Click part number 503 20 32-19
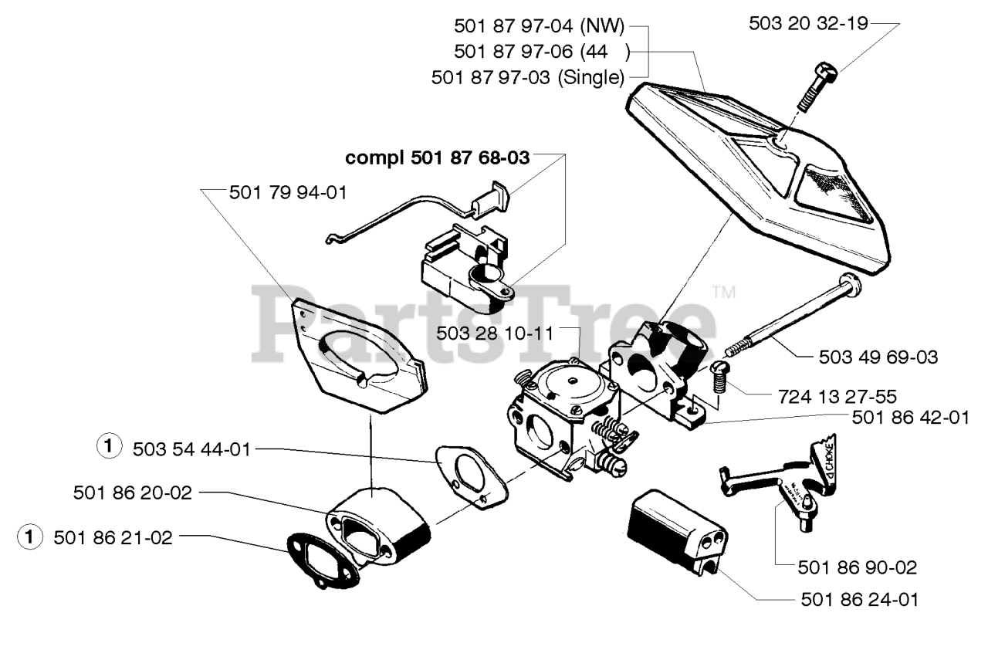tap(809, 24)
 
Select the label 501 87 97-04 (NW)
tap(541, 25)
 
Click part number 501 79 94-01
tap(288, 192)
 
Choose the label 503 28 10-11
tap(495, 333)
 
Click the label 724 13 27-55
tap(837, 397)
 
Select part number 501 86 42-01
tap(910, 418)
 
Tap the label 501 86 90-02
tap(858, 567)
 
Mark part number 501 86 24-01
tap(859, 599)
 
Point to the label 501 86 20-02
tap(133, 492)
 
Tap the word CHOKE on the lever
tap(824, 463)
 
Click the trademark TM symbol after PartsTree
tap(723, 293)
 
